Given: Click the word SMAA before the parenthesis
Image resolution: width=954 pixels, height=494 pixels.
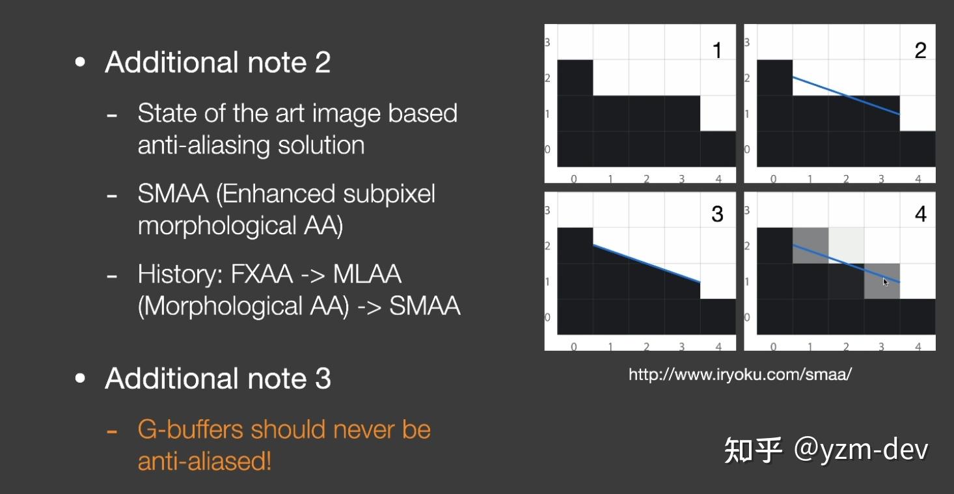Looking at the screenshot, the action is (x=173, y=194).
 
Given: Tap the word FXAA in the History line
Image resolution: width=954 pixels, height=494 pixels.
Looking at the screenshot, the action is (x=262, y=274).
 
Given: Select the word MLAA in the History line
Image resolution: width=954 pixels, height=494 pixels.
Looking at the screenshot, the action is (x=367, y=274).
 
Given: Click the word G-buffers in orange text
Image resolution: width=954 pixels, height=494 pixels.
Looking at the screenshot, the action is (x=191, y=430).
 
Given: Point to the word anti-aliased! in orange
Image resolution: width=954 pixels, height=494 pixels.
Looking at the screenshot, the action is (x=204, y=461).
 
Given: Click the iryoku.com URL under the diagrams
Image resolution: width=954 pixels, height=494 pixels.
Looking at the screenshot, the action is (x=740, y=374).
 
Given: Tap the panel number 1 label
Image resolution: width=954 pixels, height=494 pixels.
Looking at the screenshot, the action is (x=717, y=50).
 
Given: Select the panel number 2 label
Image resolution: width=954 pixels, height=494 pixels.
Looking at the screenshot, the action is (x=920, y=50).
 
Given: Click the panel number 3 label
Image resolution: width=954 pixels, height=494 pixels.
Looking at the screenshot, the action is (x=717, y=213).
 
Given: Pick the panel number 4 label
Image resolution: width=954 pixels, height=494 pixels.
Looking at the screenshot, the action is (x=921, y=213).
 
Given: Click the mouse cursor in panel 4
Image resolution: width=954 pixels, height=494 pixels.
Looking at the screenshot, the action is (x=886, y=282).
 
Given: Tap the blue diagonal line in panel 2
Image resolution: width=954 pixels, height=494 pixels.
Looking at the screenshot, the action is (x=846, y=96).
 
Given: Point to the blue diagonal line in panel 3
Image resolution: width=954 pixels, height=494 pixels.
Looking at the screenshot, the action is (x=646, y=263).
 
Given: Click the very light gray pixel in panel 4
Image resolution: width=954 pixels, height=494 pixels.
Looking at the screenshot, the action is (x=846, y=245).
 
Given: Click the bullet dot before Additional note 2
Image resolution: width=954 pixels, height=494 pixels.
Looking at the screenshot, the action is (x=79, y=62).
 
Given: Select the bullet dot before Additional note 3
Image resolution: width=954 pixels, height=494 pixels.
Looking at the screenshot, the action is (x=79, y=378).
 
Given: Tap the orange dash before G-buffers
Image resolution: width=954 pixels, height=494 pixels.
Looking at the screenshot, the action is (x=111, y=432).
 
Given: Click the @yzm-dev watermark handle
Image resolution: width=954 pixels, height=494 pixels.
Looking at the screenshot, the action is (x=861, y=449).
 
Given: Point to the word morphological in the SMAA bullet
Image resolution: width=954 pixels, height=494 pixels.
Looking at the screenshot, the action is (x=217, y=226).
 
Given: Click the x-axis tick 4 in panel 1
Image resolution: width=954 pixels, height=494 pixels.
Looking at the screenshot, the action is (x=718, y=179).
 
